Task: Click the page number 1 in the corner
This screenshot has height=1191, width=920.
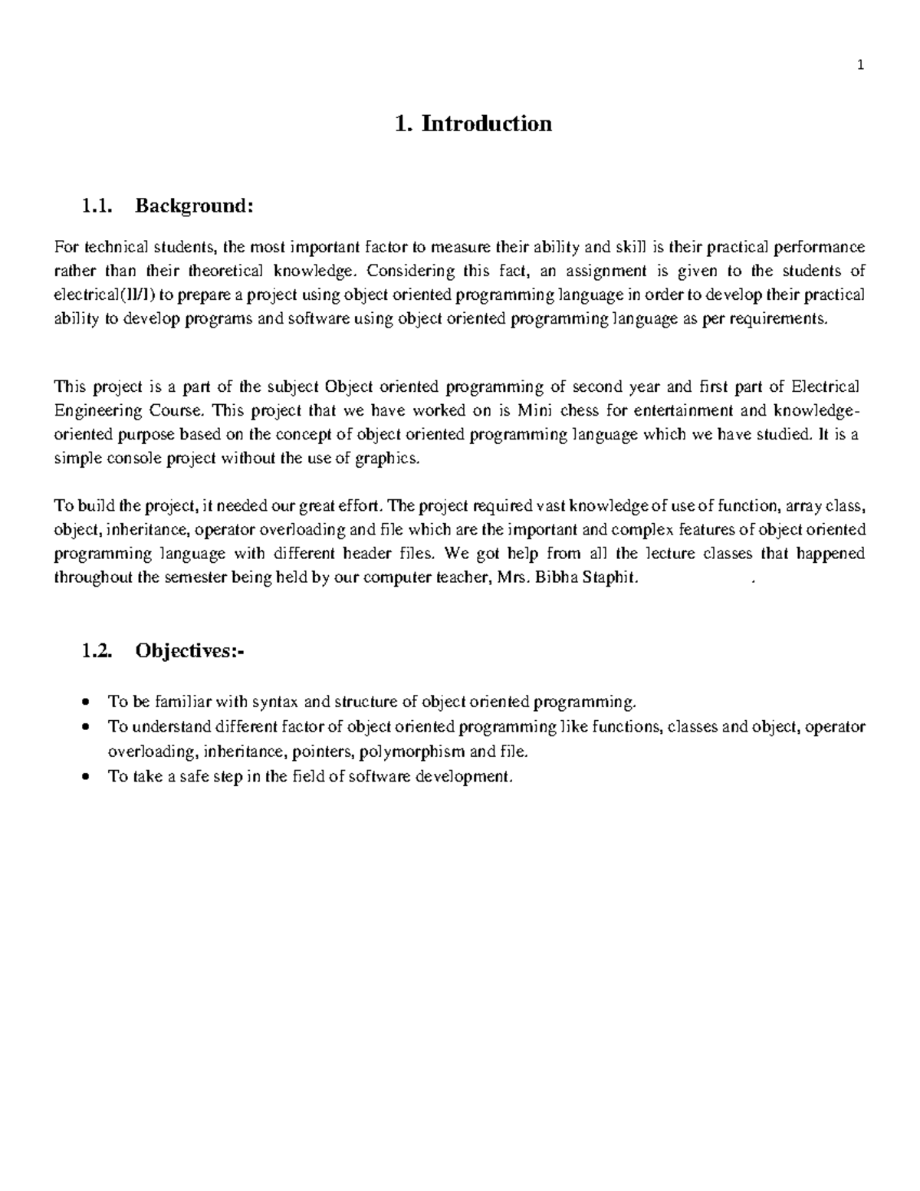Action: [x=860, y=65]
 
